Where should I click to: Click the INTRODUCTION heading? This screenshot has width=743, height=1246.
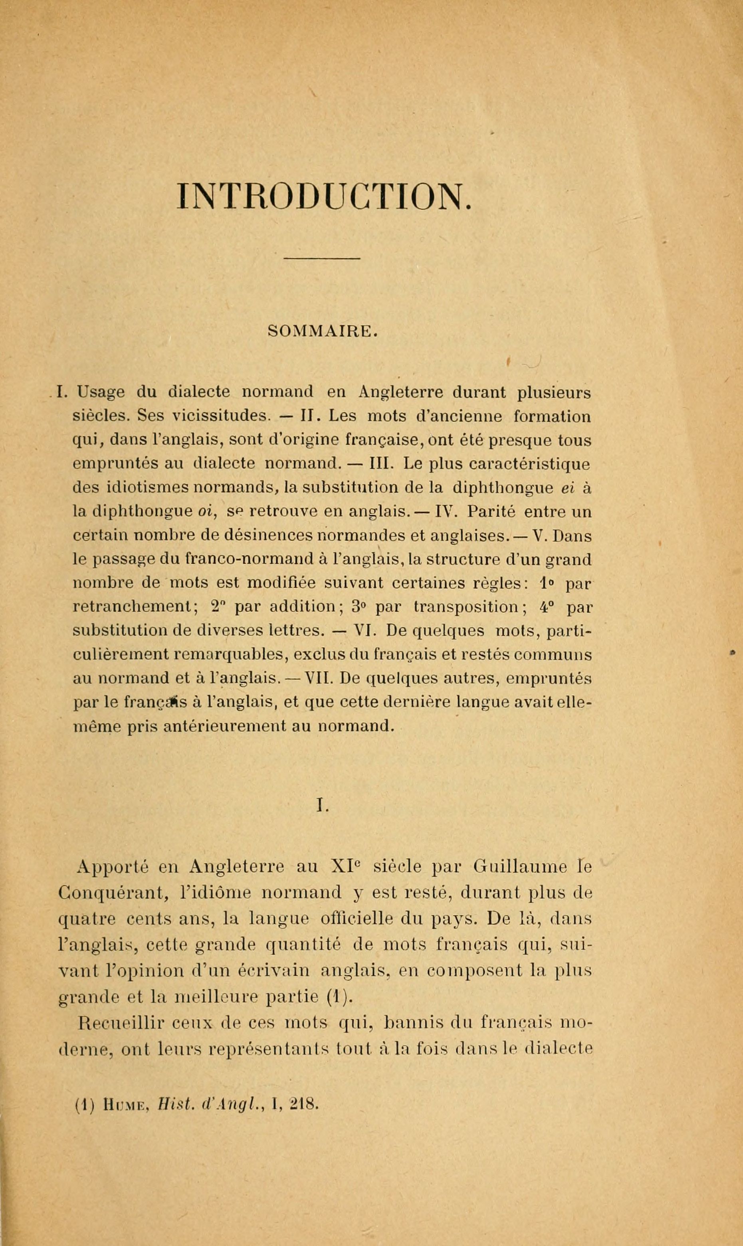[325, 196]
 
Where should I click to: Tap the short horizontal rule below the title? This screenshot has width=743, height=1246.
[322, 258]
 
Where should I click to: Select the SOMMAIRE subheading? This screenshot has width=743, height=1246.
[323, 331]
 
